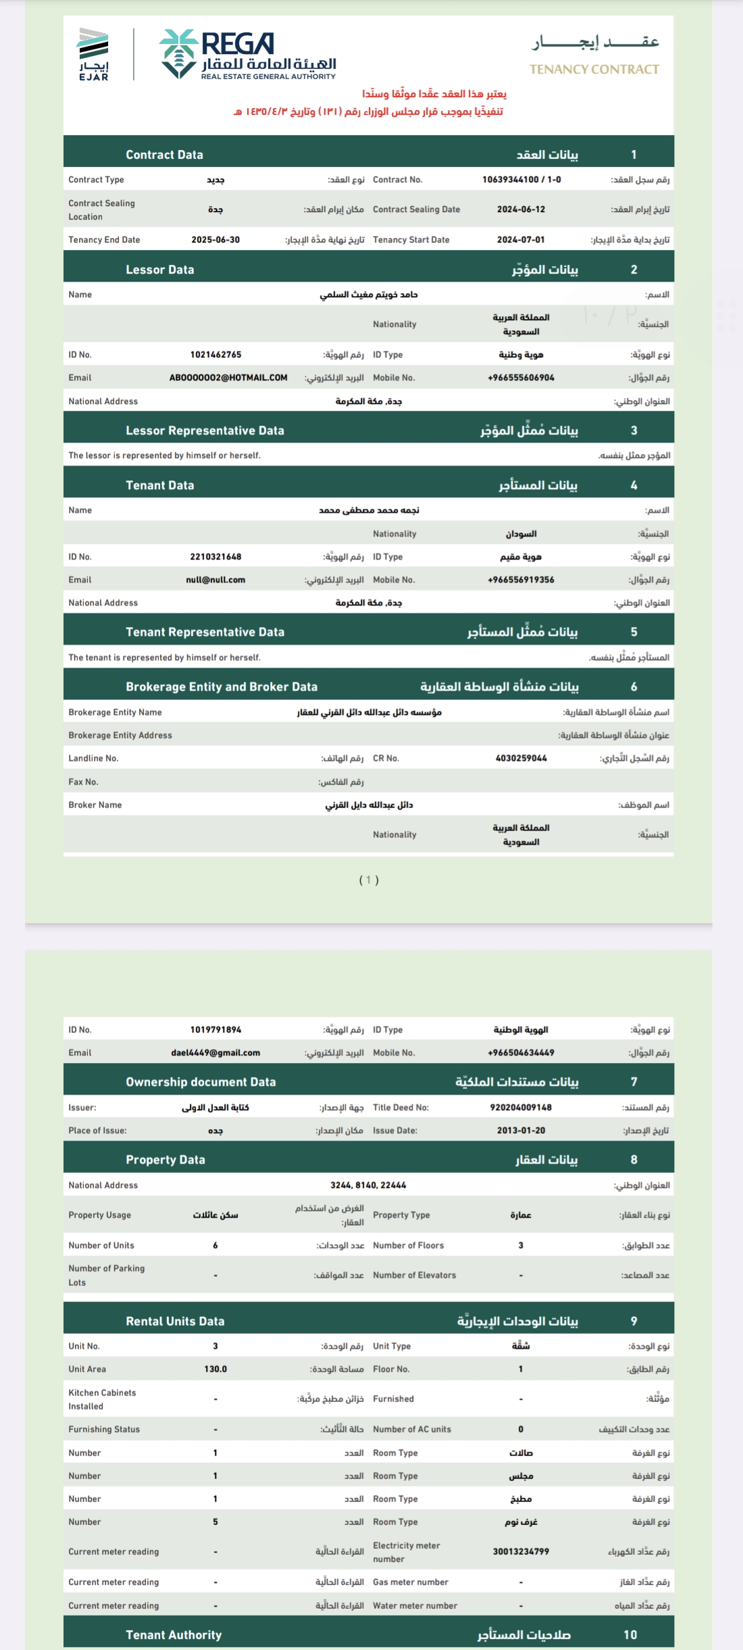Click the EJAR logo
(93, 55)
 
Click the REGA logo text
(238, 45)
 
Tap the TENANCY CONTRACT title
(594, 69)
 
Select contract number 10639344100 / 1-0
(521, 180)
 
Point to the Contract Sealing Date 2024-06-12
(521, 209)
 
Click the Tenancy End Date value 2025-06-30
(215, 240)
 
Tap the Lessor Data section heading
(160, 270)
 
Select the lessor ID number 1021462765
(215, 355)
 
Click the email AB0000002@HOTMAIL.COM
(228, 378)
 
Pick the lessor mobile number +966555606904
(521, 378)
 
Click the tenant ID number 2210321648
(215, 557)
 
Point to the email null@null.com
(215, 580)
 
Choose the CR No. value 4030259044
(521, 758)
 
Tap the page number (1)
(369, 880)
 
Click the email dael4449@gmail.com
(215, 1053)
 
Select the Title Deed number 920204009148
(521, 1107)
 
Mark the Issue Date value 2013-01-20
(521, 1130)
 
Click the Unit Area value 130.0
(215, 1369)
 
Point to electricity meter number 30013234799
(521, 1551)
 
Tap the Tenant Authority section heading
(174, 1634)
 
